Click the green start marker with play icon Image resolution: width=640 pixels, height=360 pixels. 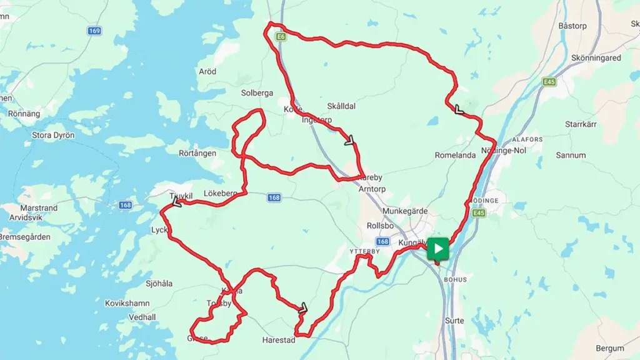438,249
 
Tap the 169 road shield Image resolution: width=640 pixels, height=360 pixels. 94,31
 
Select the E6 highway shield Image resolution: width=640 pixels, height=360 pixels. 281,37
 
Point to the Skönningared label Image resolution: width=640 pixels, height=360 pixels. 596,57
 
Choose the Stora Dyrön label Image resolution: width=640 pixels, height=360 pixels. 53,135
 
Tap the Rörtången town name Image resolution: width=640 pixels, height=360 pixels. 197,153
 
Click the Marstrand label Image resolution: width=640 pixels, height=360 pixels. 39,208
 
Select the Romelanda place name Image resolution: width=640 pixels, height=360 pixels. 456,155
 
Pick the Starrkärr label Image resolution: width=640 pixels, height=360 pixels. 581,124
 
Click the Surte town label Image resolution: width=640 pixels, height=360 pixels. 454,321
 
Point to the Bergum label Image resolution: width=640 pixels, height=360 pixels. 609,348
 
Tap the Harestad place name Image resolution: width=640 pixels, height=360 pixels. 278,341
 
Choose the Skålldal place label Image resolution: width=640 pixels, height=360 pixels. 341,106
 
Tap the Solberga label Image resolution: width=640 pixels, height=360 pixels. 257,93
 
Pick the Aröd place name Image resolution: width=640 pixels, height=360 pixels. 207,72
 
